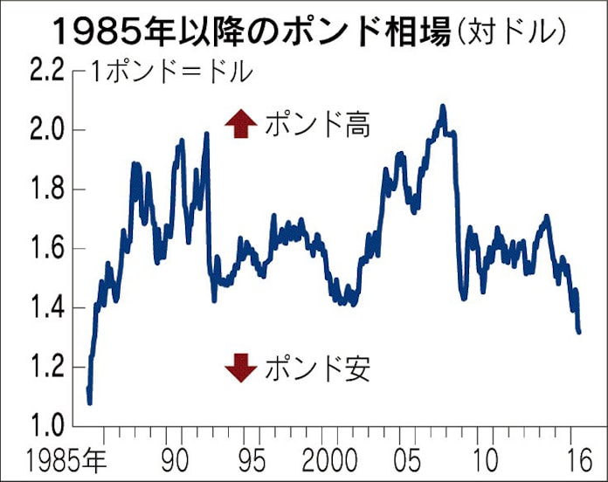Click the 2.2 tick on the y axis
(45, 72)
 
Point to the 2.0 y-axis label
(45, 131)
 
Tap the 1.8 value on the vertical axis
(45, 189)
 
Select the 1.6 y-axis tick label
(45, 249)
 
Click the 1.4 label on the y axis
(45, 307)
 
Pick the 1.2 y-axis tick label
(45, 367)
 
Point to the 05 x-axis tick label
(409, 458)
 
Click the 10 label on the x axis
(486, 458)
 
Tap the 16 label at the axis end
(574, 458)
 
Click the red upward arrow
(236, 126)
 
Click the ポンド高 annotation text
(317, 126)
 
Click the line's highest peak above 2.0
(443, 107)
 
